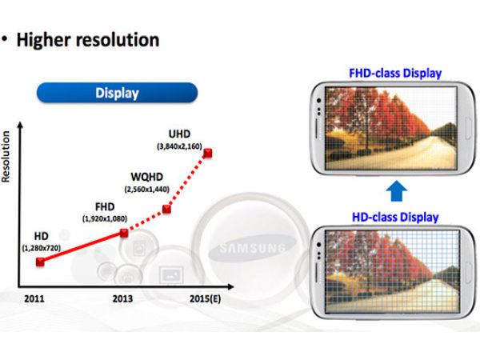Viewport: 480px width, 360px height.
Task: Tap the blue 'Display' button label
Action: coord(117,93)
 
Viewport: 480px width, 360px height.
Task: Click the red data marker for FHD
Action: coord(123,233)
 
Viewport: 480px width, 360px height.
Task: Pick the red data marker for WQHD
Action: coord(166,210)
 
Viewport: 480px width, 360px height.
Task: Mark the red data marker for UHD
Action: coord(210,154)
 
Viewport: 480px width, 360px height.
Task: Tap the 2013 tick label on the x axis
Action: coord(122,298)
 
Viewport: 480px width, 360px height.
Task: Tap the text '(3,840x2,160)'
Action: coord(190,146)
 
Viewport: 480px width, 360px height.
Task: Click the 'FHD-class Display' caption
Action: coord(394,74)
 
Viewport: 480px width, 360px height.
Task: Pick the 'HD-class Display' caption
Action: coord(394,217)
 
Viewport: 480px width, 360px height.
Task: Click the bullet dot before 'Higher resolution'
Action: coord(6,39)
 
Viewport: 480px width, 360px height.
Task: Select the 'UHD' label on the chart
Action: coord(191,133)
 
